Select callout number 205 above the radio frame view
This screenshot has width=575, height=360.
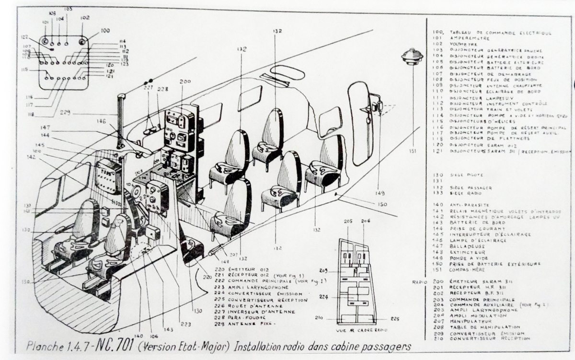(x=348, y=221)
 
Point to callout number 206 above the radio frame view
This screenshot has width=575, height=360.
(x=367, y=221)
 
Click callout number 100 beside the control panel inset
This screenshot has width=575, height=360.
(x=105, y=31)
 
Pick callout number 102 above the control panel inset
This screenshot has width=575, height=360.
(x=85, y=18)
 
